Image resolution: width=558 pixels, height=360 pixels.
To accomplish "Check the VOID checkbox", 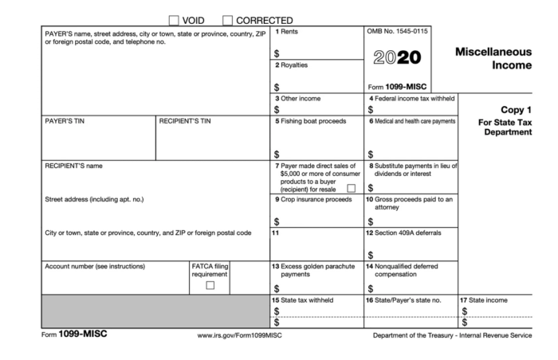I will (x=174, y=20).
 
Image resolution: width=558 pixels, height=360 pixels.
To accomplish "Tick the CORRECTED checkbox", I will (x=228, y=20).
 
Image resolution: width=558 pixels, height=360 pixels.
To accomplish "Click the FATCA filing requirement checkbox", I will (x=210, y=284).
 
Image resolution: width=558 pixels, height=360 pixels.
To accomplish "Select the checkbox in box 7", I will (x=352, y=189).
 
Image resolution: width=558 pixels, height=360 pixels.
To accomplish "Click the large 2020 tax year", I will (x=396, y=58).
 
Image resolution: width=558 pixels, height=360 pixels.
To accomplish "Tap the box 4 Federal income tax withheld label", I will (x=411, y=98).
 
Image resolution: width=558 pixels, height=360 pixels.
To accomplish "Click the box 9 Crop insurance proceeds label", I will (x=315, y=199).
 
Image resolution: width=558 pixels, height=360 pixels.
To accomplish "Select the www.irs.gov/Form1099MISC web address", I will (x=240, y=335).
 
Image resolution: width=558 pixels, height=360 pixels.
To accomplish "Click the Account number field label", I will (x=95, y=266).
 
